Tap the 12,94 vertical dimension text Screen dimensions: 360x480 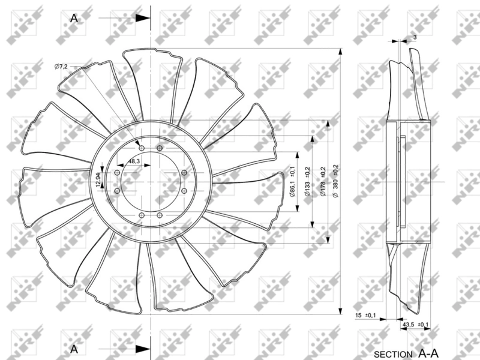pos(98,180)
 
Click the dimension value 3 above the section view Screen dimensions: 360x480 pos(415,37)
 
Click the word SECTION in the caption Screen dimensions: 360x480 pos(393,353)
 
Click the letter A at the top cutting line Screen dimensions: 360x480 pos(74,18)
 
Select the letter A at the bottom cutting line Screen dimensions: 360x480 pos(74,348)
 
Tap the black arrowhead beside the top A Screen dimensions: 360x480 pos(142,19)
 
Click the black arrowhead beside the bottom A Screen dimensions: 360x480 pos(142,349)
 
